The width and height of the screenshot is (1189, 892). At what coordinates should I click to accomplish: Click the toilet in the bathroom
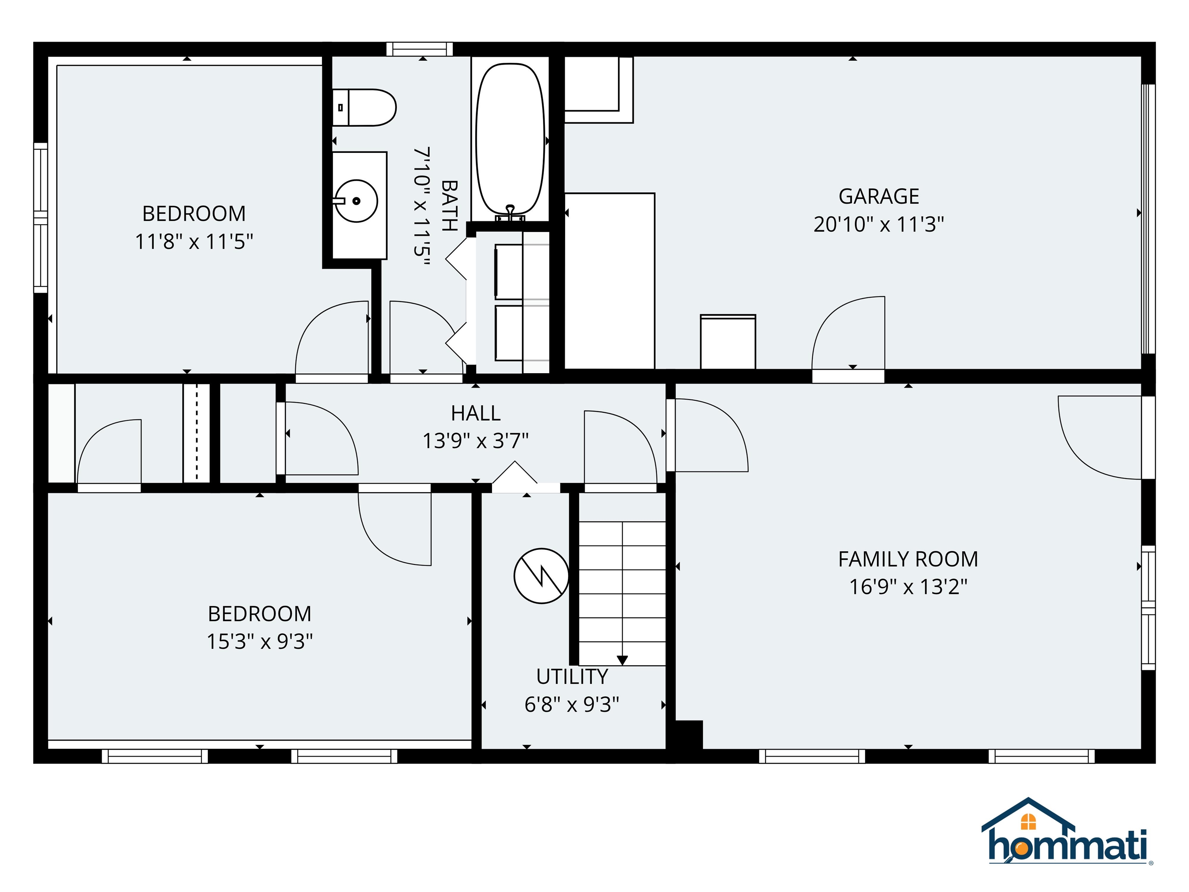point(365,108)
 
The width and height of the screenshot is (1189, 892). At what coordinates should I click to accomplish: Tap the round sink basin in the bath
point(356,201)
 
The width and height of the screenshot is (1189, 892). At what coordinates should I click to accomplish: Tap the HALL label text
point(476,413)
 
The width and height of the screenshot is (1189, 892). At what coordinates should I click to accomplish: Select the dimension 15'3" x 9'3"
point(260,642)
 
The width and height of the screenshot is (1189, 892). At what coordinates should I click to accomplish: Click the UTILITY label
point(572,676)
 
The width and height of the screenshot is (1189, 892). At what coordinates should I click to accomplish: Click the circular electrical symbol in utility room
point(541,576)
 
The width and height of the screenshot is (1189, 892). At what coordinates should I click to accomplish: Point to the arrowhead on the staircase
point(622,660)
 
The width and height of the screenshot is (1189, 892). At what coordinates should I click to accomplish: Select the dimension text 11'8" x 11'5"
point(194,242)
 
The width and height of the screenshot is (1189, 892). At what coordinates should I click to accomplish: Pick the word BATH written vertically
point(449,206)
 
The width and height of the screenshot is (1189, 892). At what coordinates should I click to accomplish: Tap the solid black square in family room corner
point(689,734)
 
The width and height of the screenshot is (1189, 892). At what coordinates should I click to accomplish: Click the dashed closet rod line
point(197,433)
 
